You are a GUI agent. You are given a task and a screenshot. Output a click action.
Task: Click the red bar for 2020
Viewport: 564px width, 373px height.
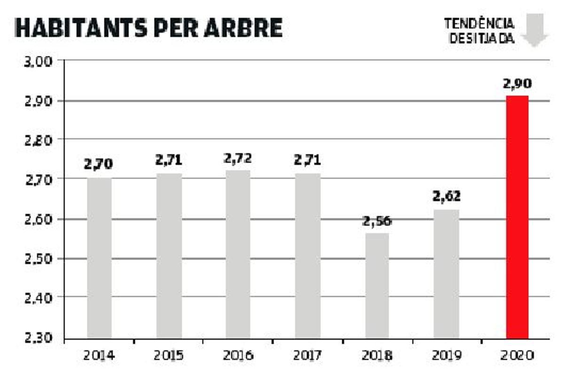(517, 217)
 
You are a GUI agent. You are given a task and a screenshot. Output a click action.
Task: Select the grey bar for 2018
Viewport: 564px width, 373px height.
(377, 286)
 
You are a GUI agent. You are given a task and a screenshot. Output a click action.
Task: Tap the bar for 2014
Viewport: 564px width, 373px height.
(99, 258)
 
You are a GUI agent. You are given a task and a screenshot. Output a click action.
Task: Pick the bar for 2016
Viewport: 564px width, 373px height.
(238, 254)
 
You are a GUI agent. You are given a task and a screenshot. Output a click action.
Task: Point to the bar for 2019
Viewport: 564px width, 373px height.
(446, 274)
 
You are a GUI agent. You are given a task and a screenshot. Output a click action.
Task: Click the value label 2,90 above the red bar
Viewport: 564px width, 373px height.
(517, 85)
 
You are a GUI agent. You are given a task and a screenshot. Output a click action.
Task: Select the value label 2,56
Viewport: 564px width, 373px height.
(377, 222)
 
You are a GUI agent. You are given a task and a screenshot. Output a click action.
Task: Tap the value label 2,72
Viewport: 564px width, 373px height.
(238, 159)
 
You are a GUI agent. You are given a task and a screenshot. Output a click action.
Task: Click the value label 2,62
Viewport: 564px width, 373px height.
(446, 196)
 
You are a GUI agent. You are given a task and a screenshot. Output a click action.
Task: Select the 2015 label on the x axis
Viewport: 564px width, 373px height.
(169, 356)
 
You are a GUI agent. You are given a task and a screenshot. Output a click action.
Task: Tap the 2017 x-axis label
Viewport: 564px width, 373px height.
(308, 356)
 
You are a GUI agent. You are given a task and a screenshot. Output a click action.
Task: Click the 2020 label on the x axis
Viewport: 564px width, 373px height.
(517, 356)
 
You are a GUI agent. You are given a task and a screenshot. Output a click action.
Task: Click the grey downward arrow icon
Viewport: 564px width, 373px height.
(534, 30)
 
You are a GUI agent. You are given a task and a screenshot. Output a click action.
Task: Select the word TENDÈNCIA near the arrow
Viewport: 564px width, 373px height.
(479, 23)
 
